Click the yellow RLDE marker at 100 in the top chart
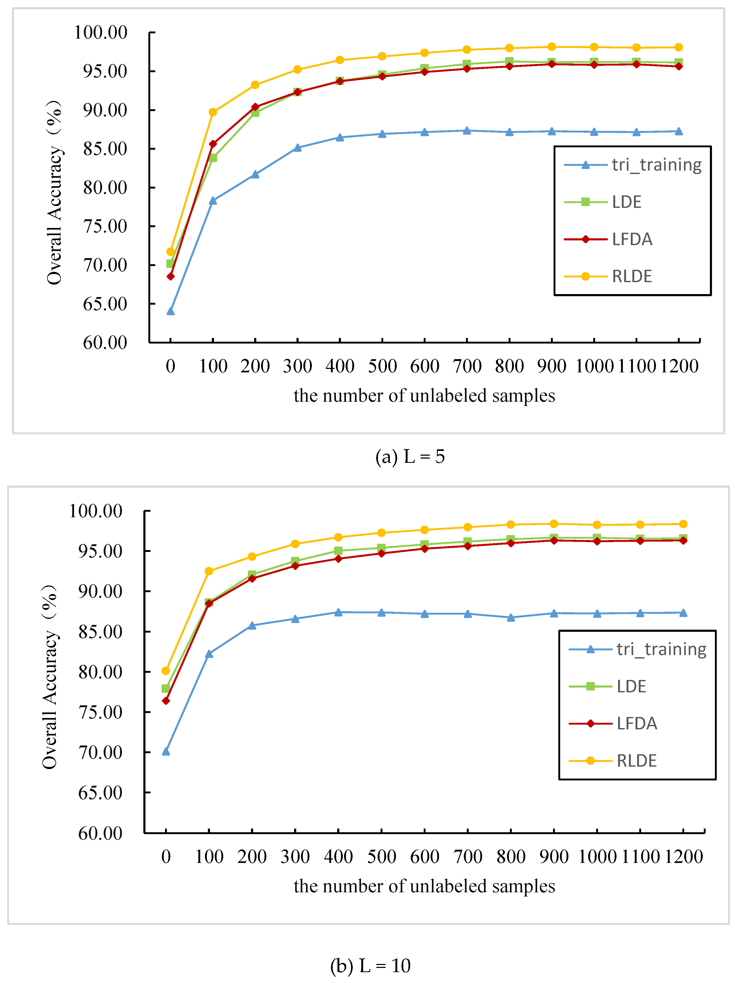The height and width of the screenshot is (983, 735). pyautogui.click(x=213, y=112)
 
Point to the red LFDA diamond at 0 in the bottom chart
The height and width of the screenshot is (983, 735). pyautogui.click(x=166, y=701)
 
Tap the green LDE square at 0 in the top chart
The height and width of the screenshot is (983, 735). pyautogui.click(x=170, y=263)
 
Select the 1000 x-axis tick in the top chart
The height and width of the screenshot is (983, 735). pyautogui.click(x=594, y=367)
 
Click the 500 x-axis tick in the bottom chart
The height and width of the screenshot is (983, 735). pyautogui.click(x=381, y=857)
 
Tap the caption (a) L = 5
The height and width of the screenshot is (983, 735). pyautogui.click(x=410, y=457)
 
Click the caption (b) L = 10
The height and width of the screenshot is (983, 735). pyautogui.click(x=370, y=966)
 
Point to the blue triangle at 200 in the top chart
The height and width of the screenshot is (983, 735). pyautogui.click(x=255, y=175)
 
